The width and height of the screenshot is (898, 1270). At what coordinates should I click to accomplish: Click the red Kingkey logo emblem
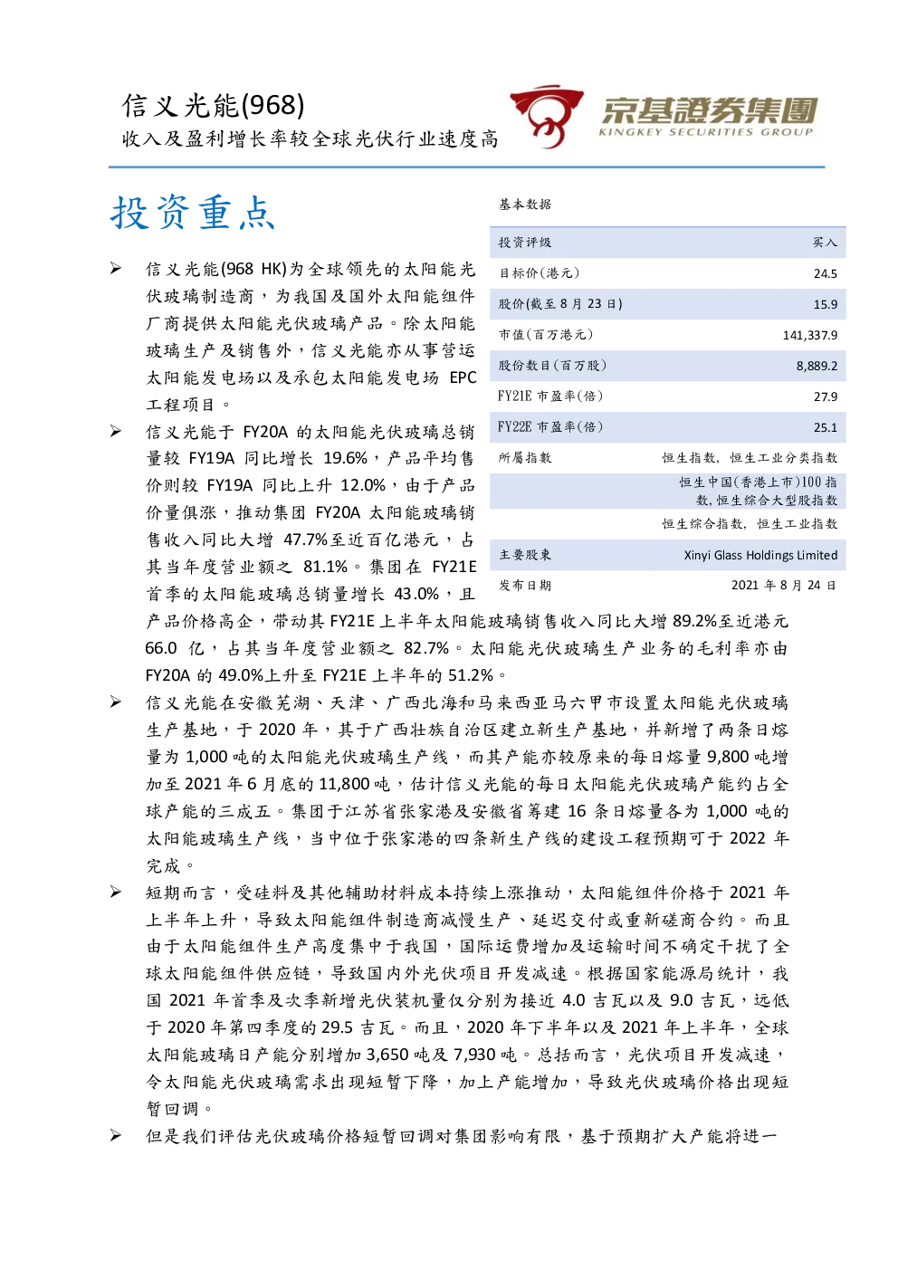pos(546,116)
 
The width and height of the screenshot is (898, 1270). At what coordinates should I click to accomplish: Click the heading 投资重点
pos(193,213)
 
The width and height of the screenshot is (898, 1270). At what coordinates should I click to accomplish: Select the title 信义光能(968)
pos(213,105)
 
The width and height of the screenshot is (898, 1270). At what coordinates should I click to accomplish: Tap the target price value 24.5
pos(825,274)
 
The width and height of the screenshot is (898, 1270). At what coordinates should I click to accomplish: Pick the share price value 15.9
pos(825,304)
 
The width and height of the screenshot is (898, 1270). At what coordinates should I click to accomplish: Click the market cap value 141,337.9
pos(809,336)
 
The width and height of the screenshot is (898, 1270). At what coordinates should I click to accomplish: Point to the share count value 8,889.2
pos(817,367)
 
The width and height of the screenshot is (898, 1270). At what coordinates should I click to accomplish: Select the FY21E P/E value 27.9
pos(825,396)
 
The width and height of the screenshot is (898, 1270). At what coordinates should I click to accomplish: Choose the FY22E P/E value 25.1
pos(825,427)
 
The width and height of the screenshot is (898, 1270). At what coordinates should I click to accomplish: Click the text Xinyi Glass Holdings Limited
pos(760,555)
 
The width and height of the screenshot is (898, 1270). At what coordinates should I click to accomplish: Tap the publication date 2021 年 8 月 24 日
pos(783,585)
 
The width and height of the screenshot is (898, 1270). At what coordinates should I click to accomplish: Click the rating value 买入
pos(825,243)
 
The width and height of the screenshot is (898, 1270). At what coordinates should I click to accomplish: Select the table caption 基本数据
pos(524,204)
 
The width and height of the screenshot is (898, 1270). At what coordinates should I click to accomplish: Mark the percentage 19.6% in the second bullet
pos(345,458)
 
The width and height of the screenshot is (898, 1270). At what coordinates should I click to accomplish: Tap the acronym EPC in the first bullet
pos(463,377)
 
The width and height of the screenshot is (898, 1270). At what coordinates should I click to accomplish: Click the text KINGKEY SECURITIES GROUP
pos(706,132)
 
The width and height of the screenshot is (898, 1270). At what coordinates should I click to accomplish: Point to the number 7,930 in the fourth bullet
pos(474,1055)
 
